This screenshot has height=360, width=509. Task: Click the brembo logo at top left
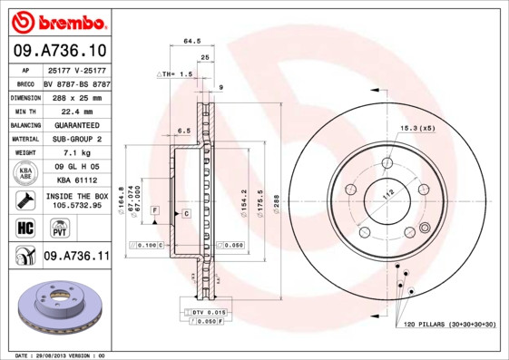click(x=56, y=20)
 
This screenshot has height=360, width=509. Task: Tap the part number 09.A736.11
click(x=76, y=258)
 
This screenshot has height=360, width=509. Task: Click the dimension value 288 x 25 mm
click(x=76, y=96)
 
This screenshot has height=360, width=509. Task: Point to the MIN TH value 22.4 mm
click(x=76, y=111)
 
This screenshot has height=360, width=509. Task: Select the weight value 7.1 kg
click(x=76, y=153)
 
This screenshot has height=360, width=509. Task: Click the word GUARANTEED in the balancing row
click(x=76, y=124)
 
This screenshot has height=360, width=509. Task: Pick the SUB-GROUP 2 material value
click(x=76, y=139)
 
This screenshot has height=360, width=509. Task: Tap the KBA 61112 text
click(x=76, y=180)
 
